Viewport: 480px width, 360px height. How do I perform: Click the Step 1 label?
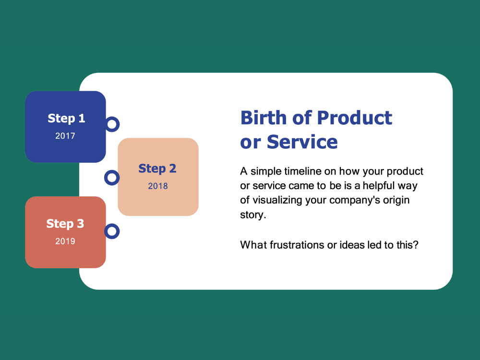(x=66, y=119)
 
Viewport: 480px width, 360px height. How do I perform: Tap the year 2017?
(x=65, y=136)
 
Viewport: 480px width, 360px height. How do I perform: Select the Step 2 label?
(x=157, y=168)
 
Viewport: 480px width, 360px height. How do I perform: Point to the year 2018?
(x=158, y=186)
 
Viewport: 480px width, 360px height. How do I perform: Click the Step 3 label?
(x=65, y=224)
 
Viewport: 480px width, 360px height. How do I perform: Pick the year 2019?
(x=65, y=241)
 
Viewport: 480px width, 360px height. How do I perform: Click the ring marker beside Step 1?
(x=112, y=124)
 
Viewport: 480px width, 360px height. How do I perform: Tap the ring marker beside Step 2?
(x=112, y=178)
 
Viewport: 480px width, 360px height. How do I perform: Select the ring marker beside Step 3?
(x=112, y=231)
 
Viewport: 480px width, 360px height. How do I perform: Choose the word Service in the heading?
(x=302, y=142)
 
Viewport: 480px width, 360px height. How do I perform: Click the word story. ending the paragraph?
(x=253, y=215)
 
